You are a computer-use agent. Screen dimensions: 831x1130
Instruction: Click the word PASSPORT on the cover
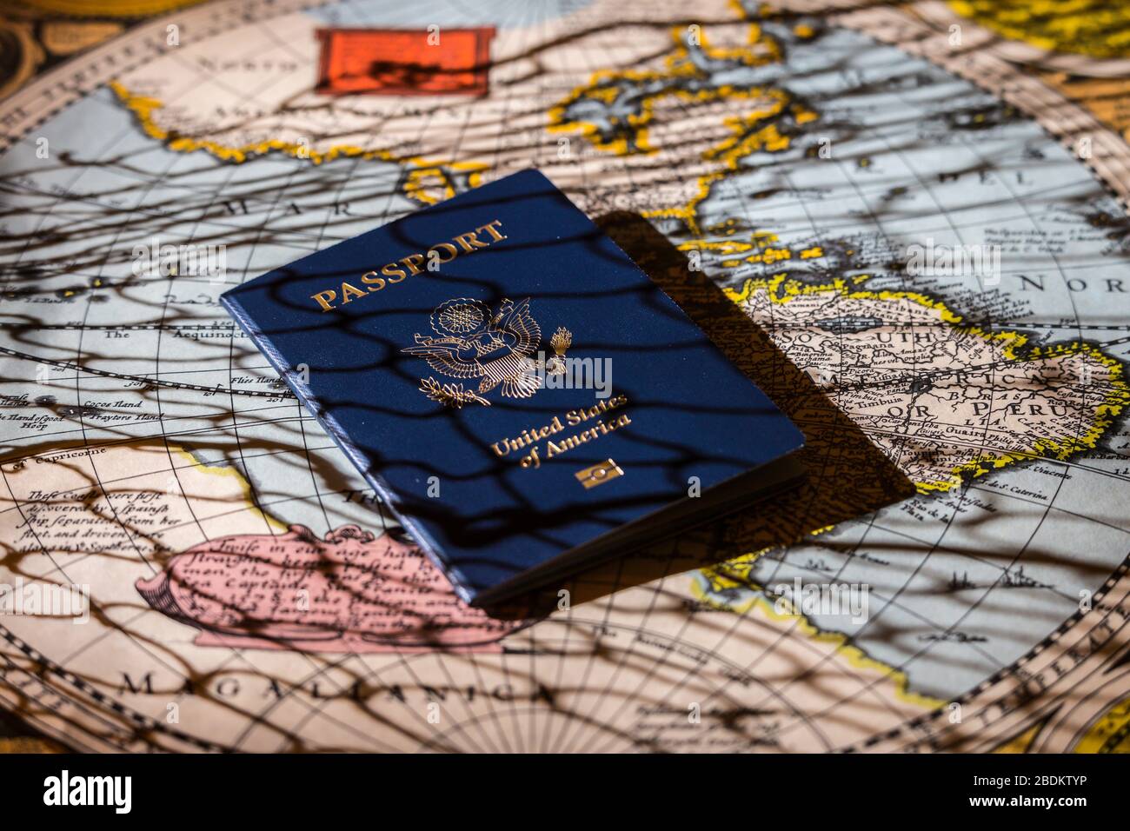click(x=409, y=266)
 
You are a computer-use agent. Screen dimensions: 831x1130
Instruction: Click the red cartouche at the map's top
click(x=404, y=61)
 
